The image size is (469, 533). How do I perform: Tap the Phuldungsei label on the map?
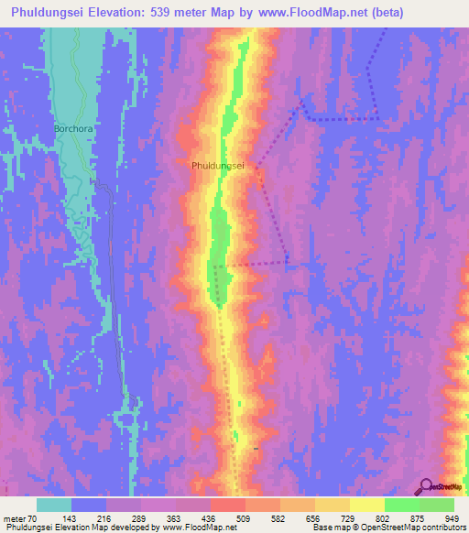click(217, 166)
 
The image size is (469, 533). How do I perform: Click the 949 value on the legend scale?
click(450, 517)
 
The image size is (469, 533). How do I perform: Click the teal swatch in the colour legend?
click(54, 505)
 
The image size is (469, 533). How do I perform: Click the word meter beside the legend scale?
click(16, 517)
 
